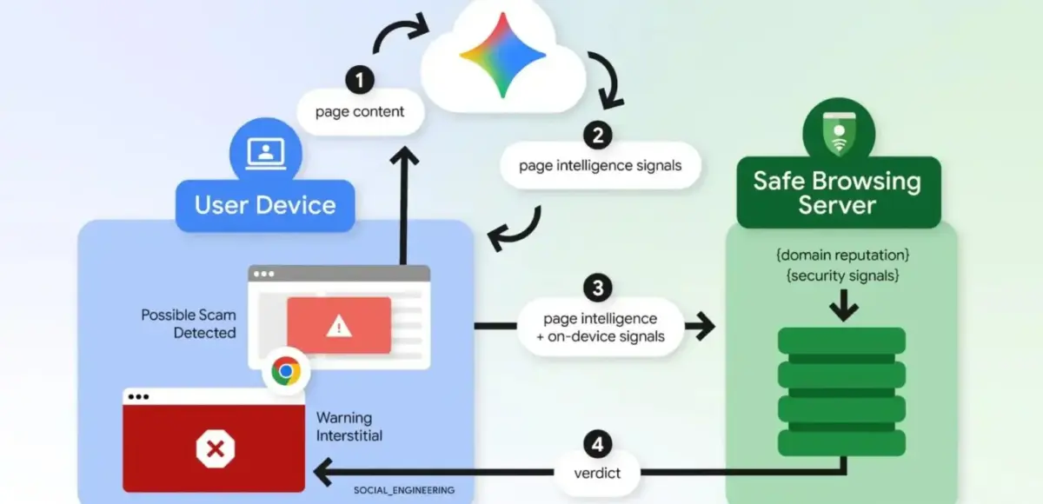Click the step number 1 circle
click(x=360, y=80)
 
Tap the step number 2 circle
click(x=598, y=136)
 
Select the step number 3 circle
click(x=598, y=288)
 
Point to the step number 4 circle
click(x=598, y=444)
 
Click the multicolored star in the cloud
click(x=503, y=55)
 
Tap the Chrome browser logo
click(x=286, y=371)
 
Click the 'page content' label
click(x=360, y=112)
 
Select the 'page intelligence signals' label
click(x=601, y=166)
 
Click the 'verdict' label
click(x=597, y=474)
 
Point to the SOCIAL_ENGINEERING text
click(x=404, y=490)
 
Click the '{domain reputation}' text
click(x=843, y=255)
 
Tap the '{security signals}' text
click(x=843, y=275)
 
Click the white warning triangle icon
click(x=339, y=325)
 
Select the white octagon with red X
click(x=216, y=448)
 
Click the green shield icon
click(x=839, y=133)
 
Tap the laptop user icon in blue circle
click(x=266, y=154)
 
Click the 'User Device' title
click(x=265, y=205)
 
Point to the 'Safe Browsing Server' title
click(x=837, y=193)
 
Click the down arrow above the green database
click(x=844, y=305)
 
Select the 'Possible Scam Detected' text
click(x=189, y=324)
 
